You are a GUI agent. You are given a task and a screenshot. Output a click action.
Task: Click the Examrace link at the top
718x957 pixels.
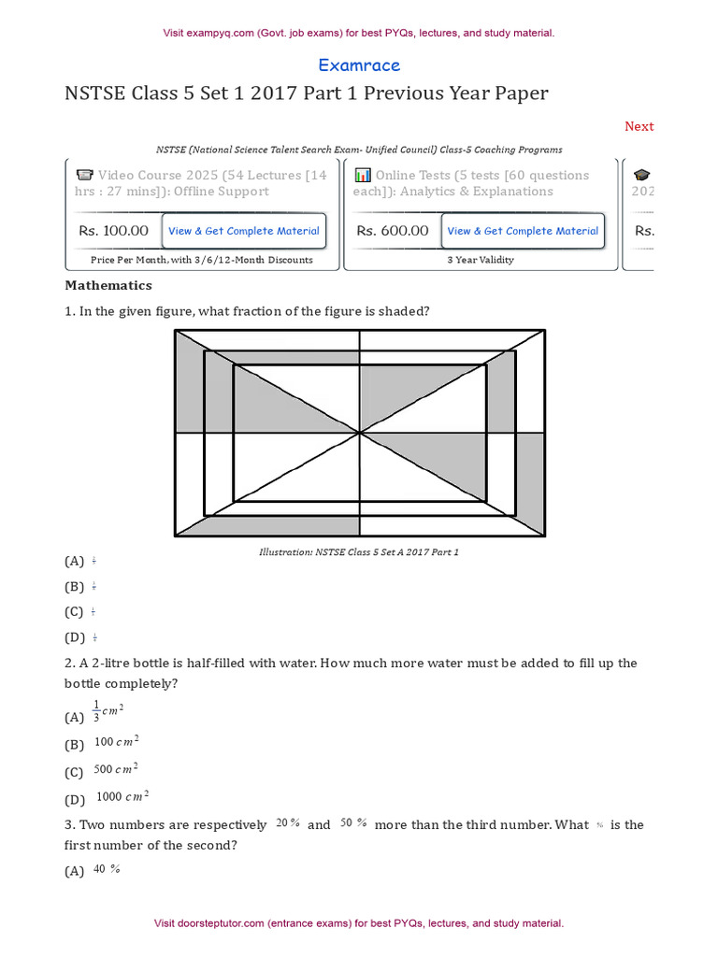tap(359, 65)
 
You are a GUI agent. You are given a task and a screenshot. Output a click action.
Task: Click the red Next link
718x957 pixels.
tap(639, 126)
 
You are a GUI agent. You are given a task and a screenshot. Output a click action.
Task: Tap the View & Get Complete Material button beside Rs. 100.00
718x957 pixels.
tap(243, 231)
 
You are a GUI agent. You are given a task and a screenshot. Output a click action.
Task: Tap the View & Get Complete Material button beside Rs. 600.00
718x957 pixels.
tap(523, 231)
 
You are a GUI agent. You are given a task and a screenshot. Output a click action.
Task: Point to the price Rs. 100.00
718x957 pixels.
tap(113, 231)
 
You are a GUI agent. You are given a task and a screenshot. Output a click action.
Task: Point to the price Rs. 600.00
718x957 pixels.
tap(393, 231)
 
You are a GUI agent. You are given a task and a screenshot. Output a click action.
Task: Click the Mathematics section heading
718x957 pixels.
tap(108, 285)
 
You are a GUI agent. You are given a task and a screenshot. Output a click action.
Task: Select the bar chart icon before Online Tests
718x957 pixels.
tap(364, 175)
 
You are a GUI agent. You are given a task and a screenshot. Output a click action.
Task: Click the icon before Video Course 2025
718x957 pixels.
tap(84, 175)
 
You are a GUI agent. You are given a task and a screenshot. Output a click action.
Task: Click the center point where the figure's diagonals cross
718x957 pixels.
tap(360, 433)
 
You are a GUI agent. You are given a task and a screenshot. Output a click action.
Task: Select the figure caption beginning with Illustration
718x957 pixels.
tap(359, 552)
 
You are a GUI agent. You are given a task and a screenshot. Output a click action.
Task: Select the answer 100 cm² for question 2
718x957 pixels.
tap(117, 742)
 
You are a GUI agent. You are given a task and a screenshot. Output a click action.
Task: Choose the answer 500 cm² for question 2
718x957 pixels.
tap(117, 769)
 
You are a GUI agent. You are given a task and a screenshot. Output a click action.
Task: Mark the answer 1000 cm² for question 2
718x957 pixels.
tap(122, 797)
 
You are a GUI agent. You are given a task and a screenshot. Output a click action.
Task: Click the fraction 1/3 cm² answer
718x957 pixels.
tap(108, 712)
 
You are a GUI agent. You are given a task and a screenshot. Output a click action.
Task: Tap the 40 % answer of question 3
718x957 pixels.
tap(107, 869)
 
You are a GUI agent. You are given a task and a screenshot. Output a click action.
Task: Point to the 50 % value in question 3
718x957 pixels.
tap(353, 824)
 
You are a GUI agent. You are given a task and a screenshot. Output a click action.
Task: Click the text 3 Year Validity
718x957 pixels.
tap(481, 260)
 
